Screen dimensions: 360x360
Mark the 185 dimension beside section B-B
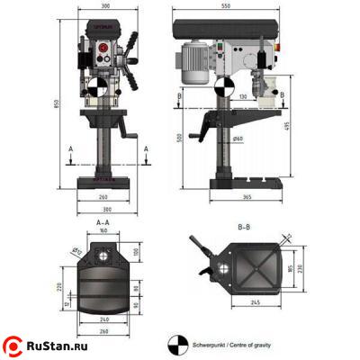click(290, 268)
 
